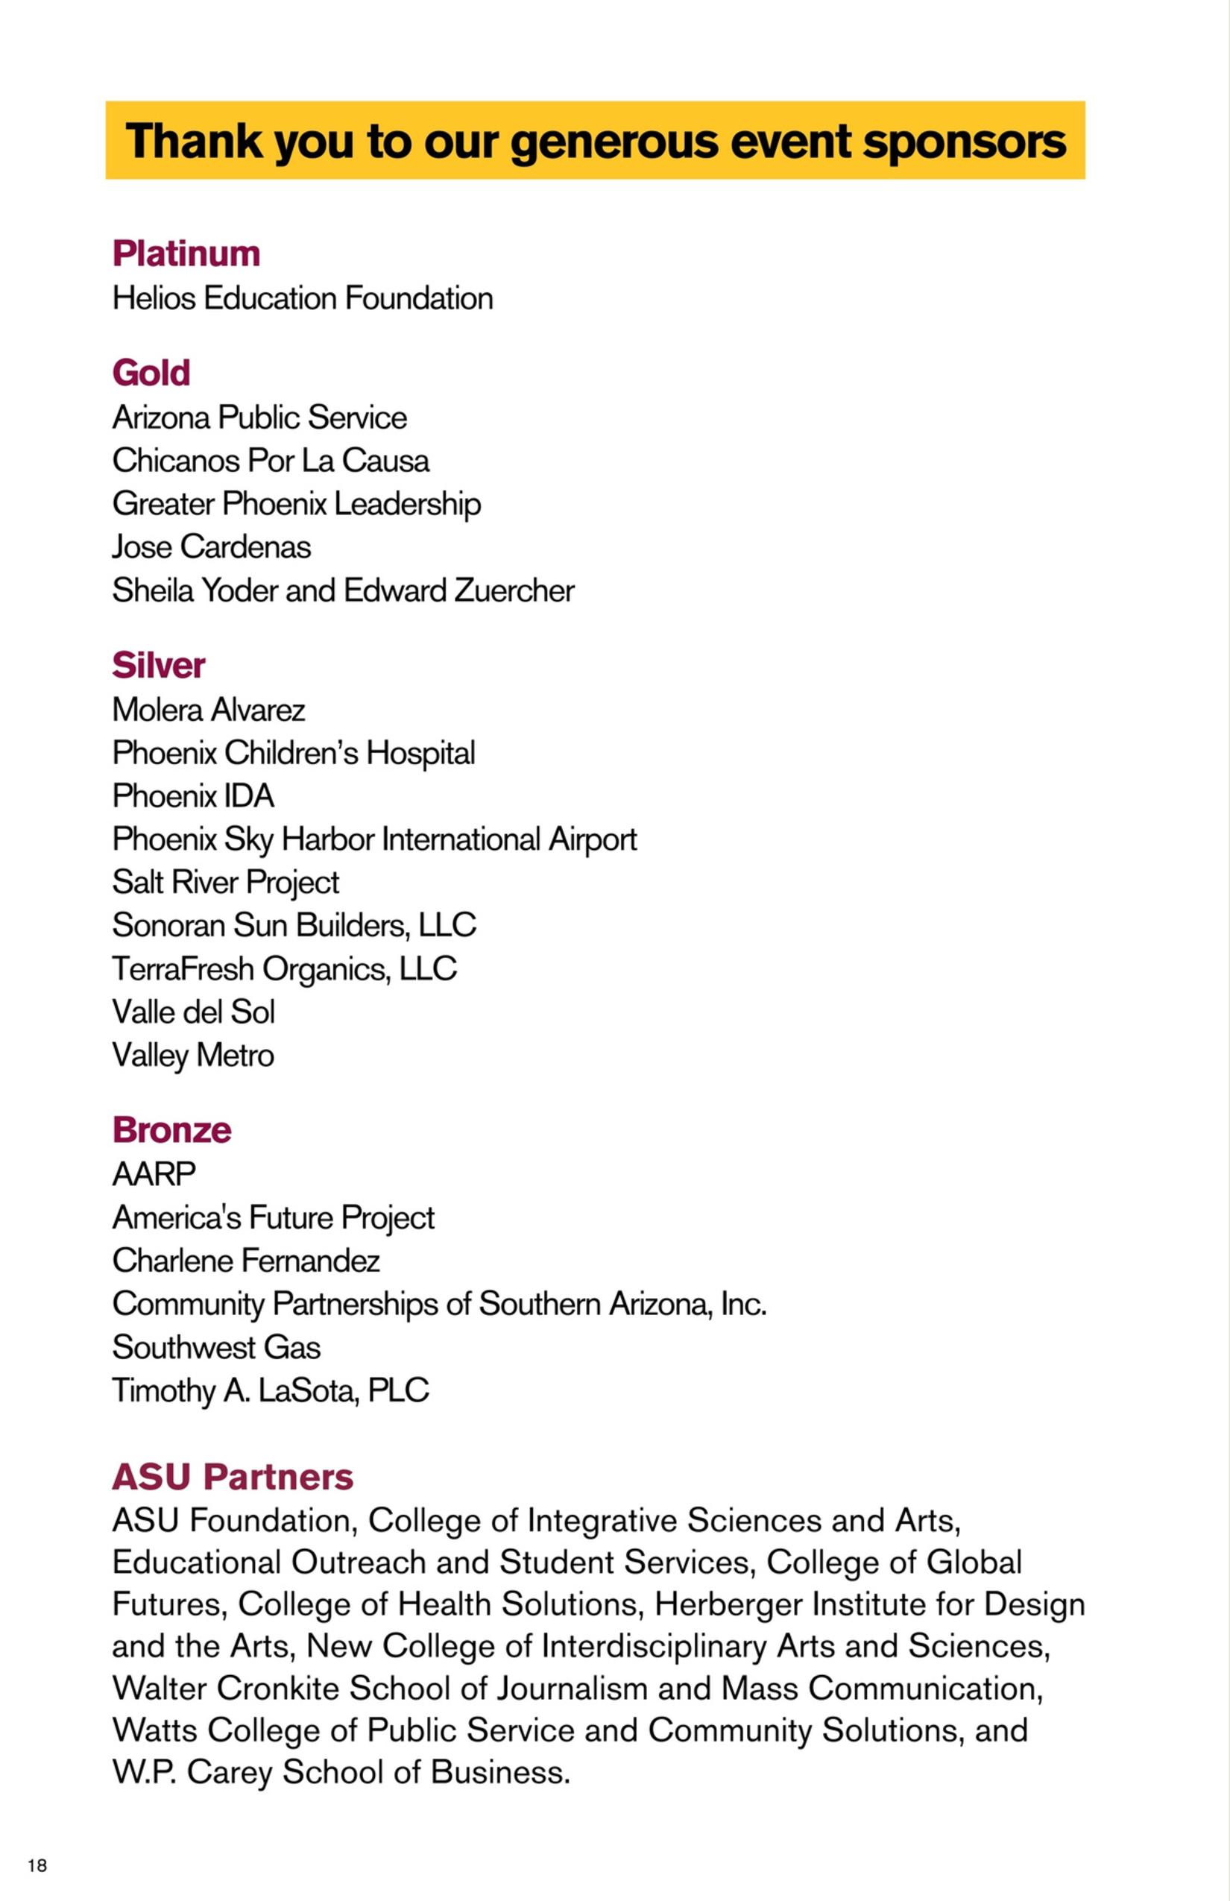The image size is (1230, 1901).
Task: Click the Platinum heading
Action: pos(186,254)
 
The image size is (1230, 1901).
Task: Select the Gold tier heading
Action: pos(151,373)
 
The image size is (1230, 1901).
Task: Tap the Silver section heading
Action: pos(158,665)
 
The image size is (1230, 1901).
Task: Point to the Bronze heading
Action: pos(171,1130)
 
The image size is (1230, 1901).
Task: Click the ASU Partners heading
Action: pos(233,1477)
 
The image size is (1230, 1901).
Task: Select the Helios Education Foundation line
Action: pos(303,299)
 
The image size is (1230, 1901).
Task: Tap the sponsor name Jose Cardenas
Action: pos(212,547)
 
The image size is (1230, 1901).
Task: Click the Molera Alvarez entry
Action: pos(209,709)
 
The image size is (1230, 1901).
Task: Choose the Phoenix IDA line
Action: pos(193,795)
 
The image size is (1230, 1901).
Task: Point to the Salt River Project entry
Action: pos(225,883)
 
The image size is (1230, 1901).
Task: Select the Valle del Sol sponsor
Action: pos(193,1012)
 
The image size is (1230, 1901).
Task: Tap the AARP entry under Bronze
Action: pos(154,1174)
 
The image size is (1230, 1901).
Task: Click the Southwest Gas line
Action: pos(216,1348)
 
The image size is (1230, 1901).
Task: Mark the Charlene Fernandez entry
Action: pos(246,1261)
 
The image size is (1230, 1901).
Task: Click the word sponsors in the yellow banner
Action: pos(964,142)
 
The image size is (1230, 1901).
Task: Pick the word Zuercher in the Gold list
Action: pos(514,591)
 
